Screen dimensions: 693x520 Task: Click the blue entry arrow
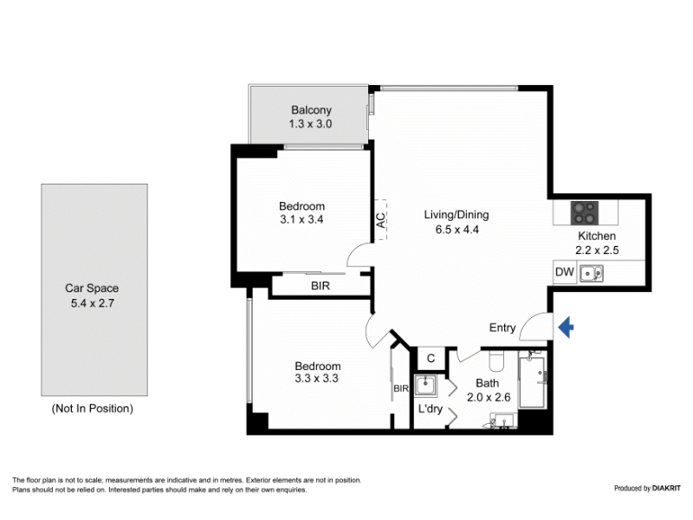567,328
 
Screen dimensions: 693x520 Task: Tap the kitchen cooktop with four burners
585,213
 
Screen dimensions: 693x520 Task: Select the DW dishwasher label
565,272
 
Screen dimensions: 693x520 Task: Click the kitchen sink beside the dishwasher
592,274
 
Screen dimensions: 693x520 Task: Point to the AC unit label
380,220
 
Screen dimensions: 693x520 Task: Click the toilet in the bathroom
497,361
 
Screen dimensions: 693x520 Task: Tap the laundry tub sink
425,385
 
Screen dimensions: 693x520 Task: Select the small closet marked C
431,358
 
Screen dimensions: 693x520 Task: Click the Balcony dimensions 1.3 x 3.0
310,124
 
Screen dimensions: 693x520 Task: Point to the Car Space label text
92,289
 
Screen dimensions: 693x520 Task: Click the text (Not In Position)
93,408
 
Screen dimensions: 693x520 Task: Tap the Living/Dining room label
457,215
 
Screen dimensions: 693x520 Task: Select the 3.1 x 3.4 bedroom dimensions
301,219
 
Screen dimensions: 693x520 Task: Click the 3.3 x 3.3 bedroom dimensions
316,379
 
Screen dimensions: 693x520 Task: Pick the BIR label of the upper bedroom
321,286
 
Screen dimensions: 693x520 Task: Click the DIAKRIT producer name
660,488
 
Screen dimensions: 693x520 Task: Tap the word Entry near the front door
502,328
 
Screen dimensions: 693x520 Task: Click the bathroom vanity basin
505,420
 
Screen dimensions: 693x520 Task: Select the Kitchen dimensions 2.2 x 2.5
597,250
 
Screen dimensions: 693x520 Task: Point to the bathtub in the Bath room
532,381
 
